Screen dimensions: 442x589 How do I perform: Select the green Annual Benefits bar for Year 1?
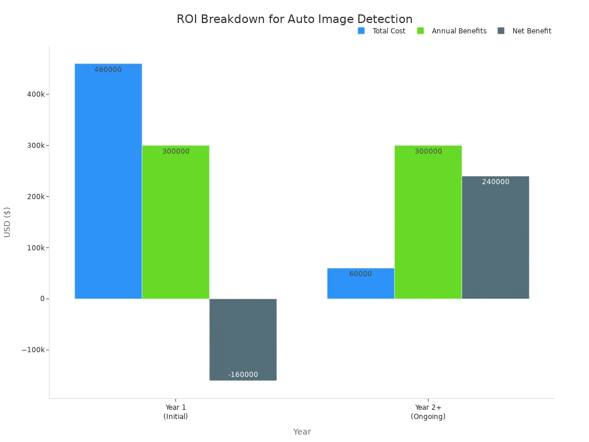pos(175,224)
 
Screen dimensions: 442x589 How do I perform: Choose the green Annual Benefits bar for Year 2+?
pos(428,224)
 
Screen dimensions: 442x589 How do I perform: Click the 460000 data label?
pos(108,70)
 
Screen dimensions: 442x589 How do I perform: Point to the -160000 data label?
pos(243,375)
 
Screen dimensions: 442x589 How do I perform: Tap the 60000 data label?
pos(361,274)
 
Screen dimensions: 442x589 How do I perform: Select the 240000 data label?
pos(495,182)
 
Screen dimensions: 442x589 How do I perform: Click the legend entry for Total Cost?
pos(382,31)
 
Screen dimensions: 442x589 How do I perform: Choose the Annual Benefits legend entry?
pos(452,31)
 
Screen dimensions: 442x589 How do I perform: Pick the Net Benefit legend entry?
pos(525,31)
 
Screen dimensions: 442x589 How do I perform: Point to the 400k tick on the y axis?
pos(36,94)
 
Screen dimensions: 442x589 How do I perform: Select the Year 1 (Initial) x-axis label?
pos(175,411)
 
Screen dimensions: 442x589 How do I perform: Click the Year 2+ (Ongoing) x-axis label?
pos(428,411)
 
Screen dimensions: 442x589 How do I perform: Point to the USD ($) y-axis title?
pos(7,222)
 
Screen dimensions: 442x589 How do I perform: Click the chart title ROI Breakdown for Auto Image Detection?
pos(294,19)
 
